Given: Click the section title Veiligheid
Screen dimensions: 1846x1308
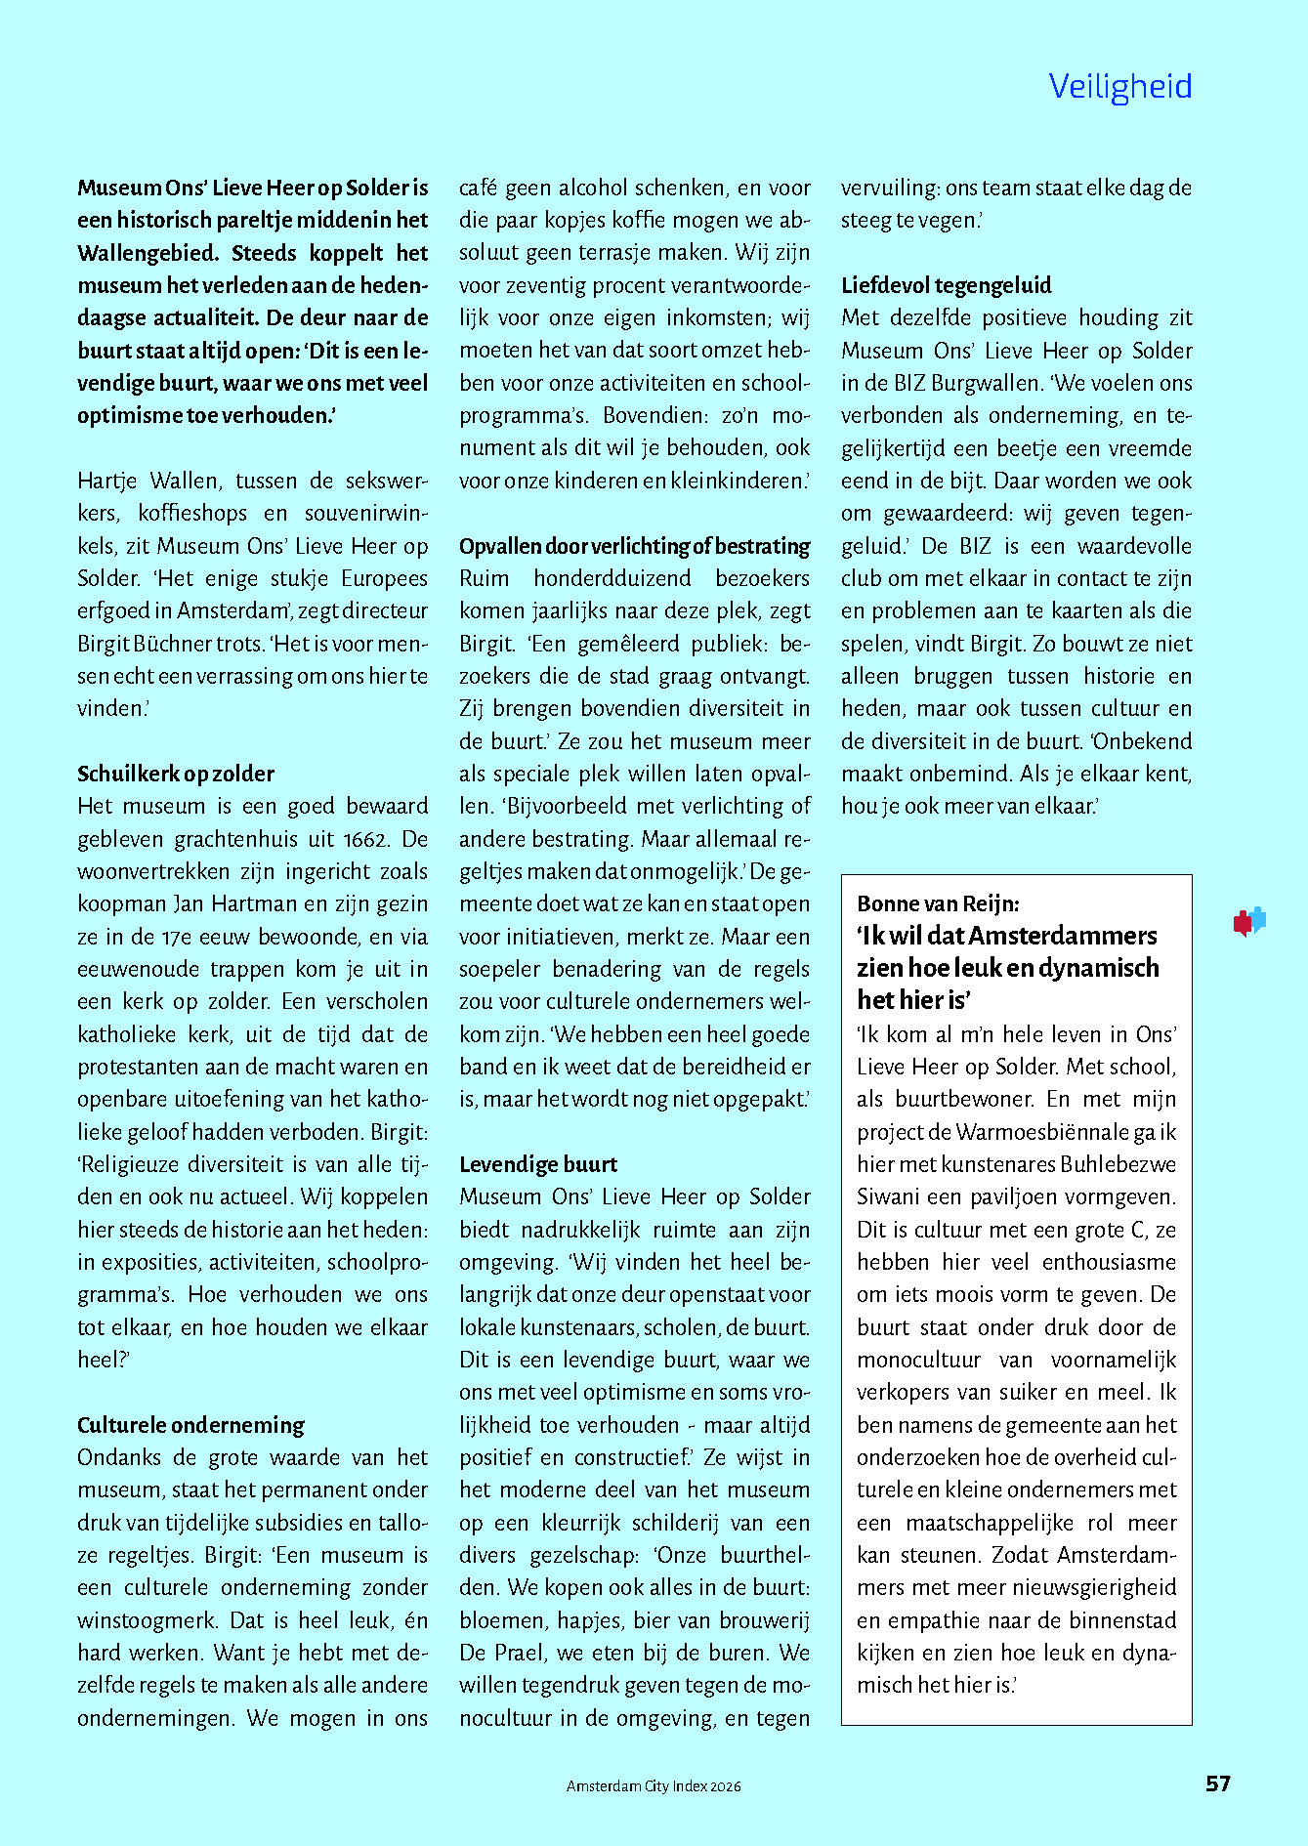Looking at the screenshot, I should (1119, 87).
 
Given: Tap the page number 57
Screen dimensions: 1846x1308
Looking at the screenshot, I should (1217, 1783).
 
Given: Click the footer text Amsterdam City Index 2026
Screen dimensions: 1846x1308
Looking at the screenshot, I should (654, 1785).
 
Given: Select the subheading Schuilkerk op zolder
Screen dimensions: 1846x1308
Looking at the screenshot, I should (176, 774).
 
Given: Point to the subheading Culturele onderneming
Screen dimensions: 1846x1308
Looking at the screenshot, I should (190, 1425).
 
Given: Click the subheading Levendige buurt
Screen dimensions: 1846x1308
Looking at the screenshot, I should (538, 1164).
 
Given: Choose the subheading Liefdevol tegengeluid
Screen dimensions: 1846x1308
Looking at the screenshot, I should (946, 285).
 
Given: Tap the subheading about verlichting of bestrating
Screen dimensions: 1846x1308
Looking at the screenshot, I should (634, 546).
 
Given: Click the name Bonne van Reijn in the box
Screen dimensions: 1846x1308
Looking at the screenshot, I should (937, 903).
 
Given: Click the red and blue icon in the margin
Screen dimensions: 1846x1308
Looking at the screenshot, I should (1249, 921).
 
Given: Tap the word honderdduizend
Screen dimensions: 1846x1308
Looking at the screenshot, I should (612, 578).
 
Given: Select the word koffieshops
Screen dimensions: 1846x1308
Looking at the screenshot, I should (192, 513).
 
